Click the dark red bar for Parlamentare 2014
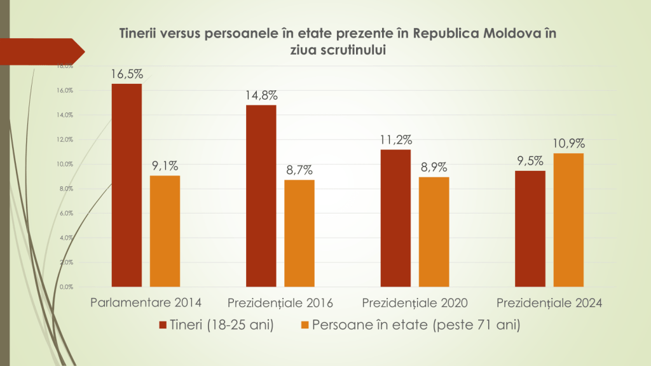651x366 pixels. click(127, 185)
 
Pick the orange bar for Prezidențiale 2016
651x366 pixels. click(299, 233)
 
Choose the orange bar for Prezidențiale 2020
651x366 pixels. click(434, 232)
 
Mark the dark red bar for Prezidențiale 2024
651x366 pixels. click(530, 229)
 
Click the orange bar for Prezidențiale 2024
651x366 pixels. click(568, 220)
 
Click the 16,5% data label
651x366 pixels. click(127, 74)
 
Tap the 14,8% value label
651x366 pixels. click(261, 95)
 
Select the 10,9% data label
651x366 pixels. click(568, 143)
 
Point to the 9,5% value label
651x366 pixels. click(530, 161)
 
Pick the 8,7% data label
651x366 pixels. click(299, 170)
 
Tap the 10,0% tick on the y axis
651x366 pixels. click(65, 164)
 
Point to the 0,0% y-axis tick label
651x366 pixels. click(65, 287)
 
